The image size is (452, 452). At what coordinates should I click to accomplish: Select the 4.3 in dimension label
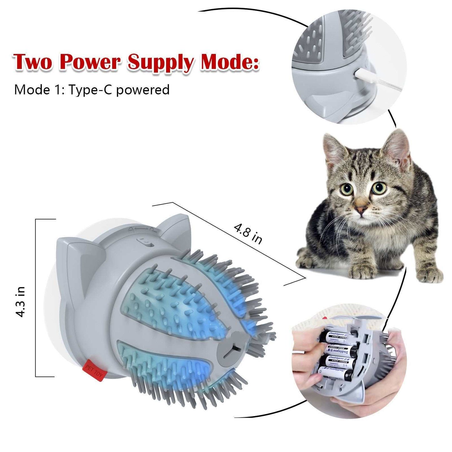pyautogui.click(x=21, y=302)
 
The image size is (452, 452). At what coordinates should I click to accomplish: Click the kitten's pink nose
pyautogui.click(x=362, y=209)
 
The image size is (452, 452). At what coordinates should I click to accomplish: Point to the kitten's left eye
pyautogui.click(x=347, y=189)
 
